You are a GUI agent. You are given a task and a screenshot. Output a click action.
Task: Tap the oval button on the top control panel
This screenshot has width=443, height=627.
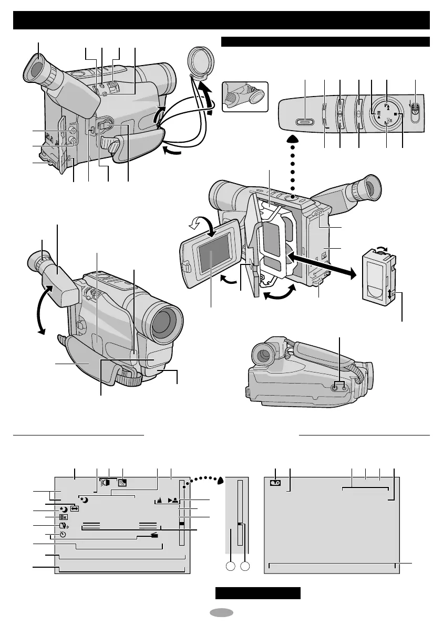click(305, 122)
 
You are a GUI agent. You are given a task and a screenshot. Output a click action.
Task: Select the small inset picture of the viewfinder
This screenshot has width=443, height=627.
click(245, 95)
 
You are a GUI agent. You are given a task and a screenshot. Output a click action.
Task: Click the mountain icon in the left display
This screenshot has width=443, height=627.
click(159, 501)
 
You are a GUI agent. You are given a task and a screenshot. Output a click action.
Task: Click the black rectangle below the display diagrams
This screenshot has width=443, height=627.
click(258, 593)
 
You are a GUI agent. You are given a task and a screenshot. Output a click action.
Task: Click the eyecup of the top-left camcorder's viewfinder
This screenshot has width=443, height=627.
click(36, 69)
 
